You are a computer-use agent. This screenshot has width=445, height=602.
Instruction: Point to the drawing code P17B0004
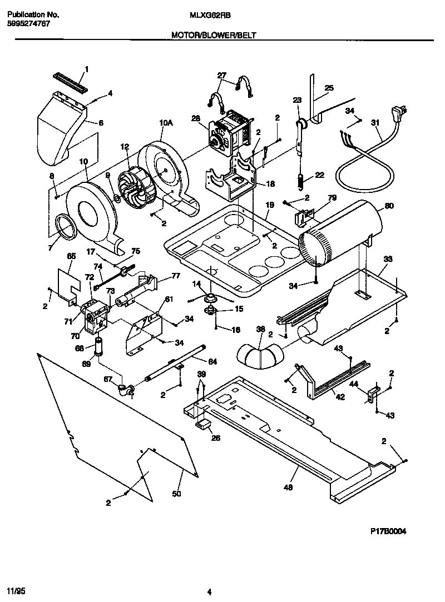click(388, 531)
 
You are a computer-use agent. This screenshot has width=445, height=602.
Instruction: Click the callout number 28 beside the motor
click(195, 117)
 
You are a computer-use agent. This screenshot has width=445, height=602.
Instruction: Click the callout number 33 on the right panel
click(388, 259)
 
